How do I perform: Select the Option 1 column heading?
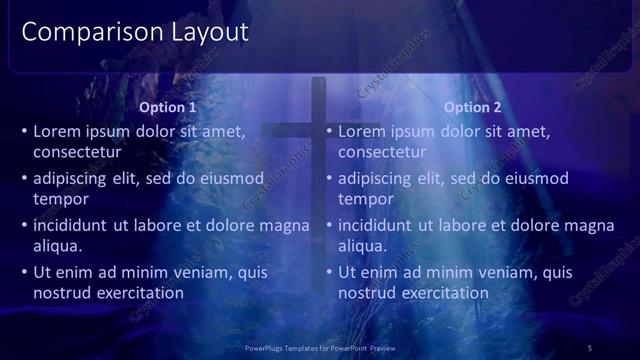[x=168, y=107]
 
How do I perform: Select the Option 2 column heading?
[x=473, y=107]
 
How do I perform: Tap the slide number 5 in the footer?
[x=590, y=347]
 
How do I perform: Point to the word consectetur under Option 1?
[x=77, y=153]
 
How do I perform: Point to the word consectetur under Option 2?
[x=382, y=153]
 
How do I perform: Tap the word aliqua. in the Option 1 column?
[x=57, y=247]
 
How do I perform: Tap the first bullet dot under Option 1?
[x=24, y=131]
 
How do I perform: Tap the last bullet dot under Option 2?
[x=329, y=272]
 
